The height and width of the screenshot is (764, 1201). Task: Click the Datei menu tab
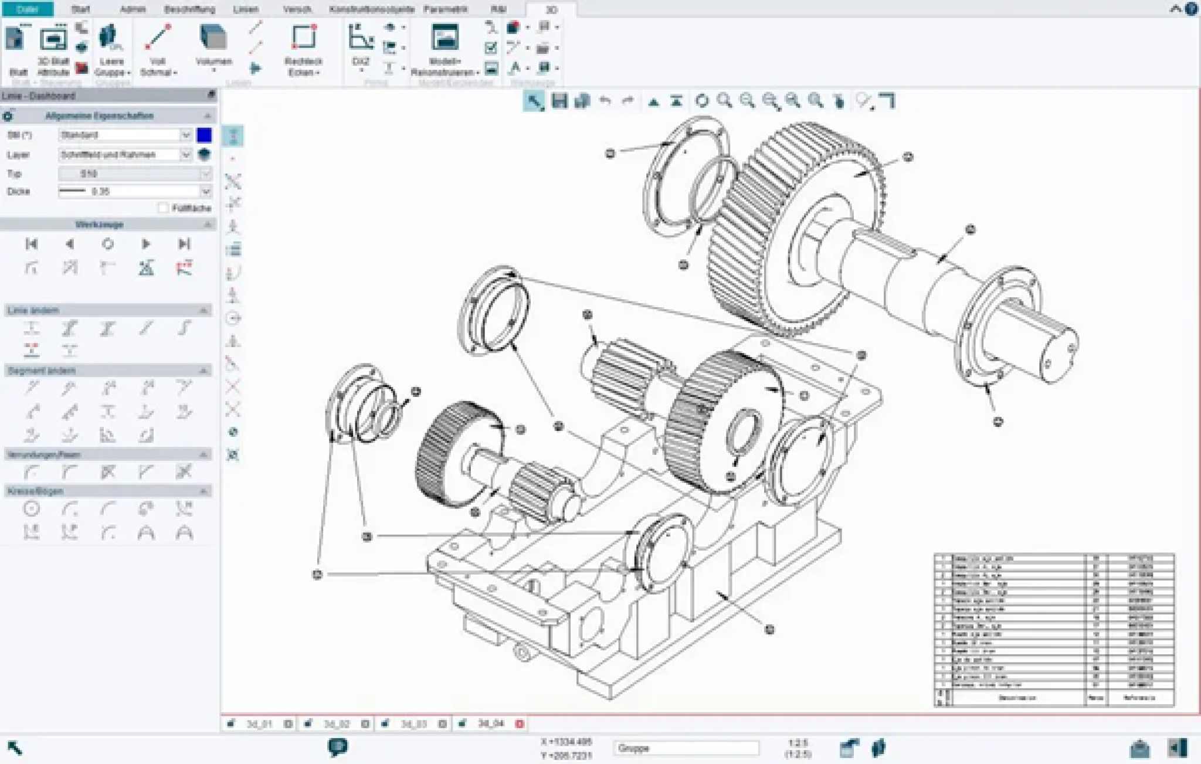pos(28,9)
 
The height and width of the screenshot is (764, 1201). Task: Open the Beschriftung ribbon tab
pos(189,9)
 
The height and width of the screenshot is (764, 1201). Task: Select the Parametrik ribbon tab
pos(446,9)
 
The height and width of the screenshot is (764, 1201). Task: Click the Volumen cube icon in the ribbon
pos(213,38)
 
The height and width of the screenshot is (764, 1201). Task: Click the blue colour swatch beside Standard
pos(204,135)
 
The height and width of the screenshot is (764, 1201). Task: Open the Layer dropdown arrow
pos(186,155)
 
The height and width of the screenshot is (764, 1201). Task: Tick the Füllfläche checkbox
pos(164,208)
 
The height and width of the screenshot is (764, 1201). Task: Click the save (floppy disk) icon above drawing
pos(559,101)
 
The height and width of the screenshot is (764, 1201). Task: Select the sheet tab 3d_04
pos(490,724)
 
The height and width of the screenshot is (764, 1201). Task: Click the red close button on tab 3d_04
pos(520,724)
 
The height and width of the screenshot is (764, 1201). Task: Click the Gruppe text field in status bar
pos(686,748)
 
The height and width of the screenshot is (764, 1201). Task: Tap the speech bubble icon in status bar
pos(337,746)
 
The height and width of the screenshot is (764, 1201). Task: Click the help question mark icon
pos(1191,9)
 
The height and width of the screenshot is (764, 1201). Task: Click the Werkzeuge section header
pos(100,225)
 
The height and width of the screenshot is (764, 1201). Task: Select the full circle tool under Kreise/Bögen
pos(32,509)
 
